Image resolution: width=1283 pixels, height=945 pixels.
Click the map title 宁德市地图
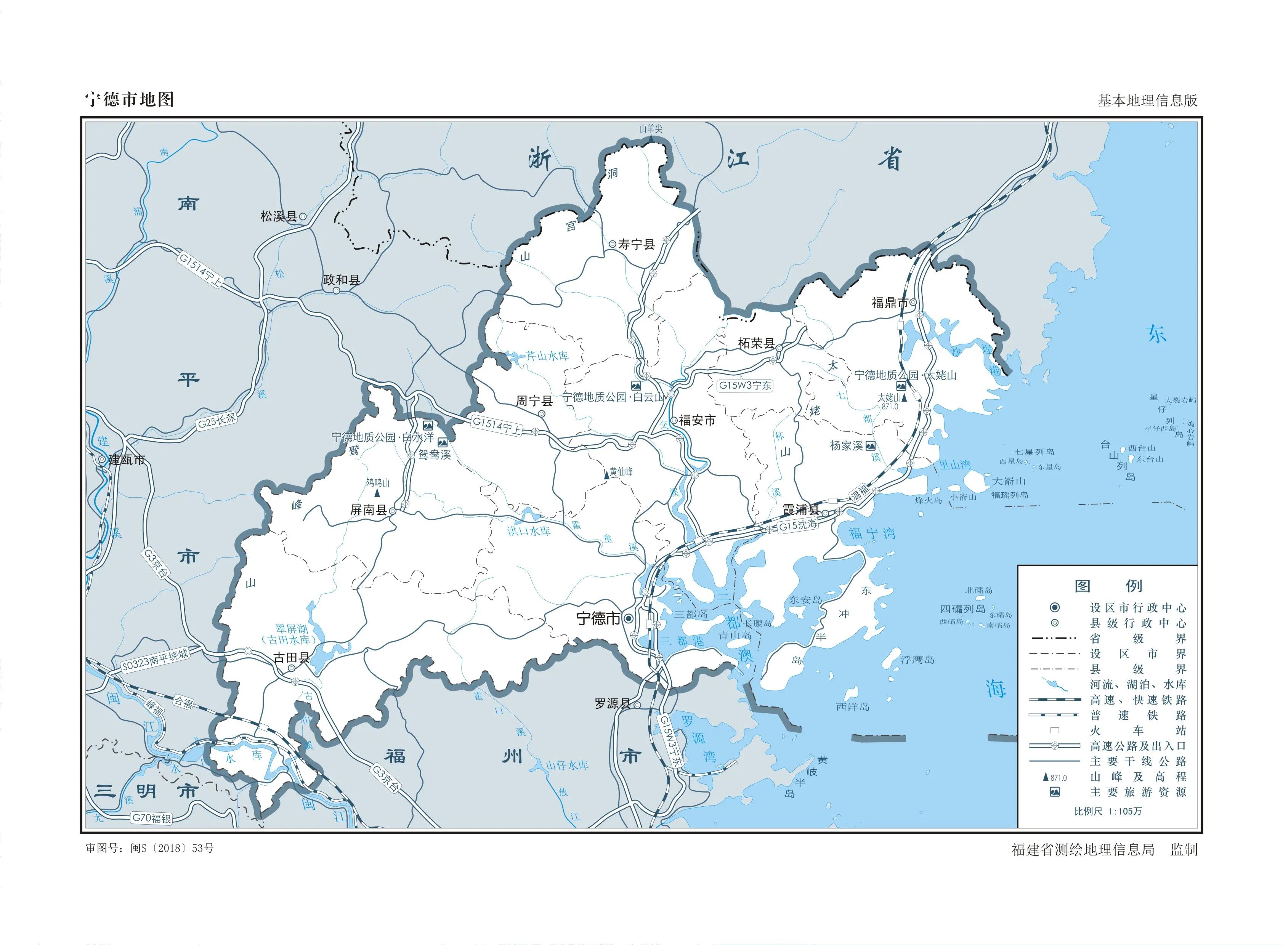pos(129,99)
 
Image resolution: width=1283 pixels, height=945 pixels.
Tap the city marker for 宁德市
pos(628,619)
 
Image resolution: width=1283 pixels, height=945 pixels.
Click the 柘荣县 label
pos(756,344)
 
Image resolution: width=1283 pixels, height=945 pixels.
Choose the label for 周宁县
pos(534,401)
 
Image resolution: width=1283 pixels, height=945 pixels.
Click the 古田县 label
pos(291,658)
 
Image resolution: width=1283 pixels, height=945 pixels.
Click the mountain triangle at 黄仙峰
pos(606,475)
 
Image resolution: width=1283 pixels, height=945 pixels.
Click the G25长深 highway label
pos(217,421)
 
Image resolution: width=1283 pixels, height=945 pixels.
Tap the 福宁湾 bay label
pos(872,534)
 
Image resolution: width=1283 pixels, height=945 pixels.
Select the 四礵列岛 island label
pos(963,609)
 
